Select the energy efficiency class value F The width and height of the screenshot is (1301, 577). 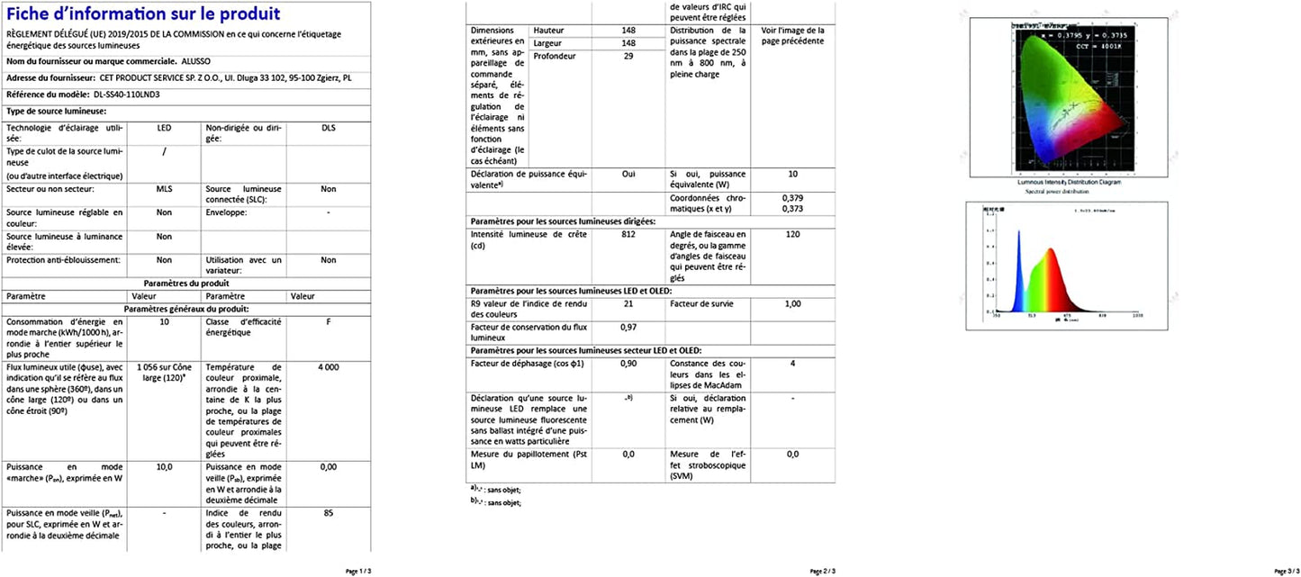(x=328, y=321)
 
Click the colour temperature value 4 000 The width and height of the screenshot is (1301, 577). (x=328, y=367)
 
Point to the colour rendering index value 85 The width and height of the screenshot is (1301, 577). (x=328, y=514)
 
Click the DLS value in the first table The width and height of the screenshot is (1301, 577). (x=328, y=128)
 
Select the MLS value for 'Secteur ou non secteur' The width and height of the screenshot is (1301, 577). (x=164, y=189)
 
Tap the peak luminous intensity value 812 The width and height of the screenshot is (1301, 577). (x=628, y=234)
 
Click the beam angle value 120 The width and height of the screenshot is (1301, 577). (x=792, y=234)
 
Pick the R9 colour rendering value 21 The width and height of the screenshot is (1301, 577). (x=628, y=304)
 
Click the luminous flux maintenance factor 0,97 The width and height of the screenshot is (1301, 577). (x=628, y=327)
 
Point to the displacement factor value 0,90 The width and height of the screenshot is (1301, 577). (x=628, y=363)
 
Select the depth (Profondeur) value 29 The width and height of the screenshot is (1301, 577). (x=628, y=56)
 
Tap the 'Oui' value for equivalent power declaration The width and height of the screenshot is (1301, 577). (x=628, y=174)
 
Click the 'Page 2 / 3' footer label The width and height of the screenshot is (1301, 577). (x=823, y=571)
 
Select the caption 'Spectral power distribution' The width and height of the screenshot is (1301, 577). (x=1055, y=192)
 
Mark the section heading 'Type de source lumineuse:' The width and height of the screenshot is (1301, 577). (x=57, y=111)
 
